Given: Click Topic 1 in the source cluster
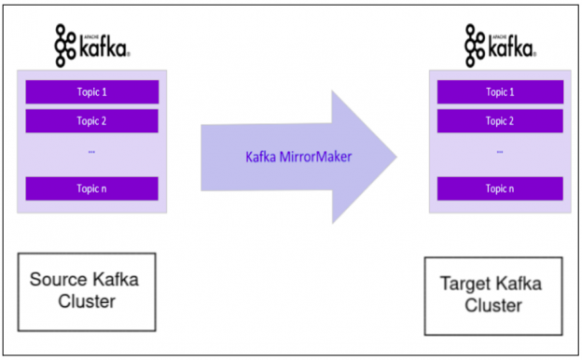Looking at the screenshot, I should (x=91, y=92).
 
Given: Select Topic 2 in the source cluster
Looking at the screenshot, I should (x=91, y=121).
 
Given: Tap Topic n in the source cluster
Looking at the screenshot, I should (x=91, y=187).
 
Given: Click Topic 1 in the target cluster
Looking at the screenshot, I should (x=500, y=92).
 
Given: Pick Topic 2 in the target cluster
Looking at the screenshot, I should (x=500, y=121).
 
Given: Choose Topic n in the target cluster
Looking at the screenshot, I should (x=500, y=187).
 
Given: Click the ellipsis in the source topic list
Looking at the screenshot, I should (x=91, y=150).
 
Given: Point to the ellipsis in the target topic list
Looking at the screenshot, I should (x=500, y=150).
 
